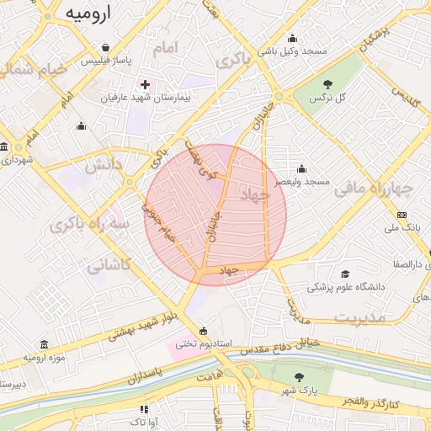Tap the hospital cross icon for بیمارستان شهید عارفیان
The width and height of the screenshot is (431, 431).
tap(145, 85)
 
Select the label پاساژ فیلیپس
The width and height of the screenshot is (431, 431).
tap(105, 61)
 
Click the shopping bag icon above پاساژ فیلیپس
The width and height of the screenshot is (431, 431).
tap(104, 48)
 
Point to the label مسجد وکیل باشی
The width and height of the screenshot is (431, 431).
tap(293, 51)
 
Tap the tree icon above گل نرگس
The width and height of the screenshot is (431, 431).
tap(327, 84)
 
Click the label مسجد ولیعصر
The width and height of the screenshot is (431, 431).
tap(306, 182)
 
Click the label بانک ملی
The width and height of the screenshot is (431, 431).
tap(402, 228)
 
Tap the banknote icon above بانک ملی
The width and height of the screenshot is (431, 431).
tap(402, 215)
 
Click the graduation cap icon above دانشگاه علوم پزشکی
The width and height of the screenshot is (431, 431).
tap(345, 274)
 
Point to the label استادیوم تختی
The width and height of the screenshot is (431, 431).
tap(199, 343)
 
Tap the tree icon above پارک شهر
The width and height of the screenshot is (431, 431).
tap(300, 378)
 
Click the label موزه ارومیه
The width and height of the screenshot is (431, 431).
tap(44, 358)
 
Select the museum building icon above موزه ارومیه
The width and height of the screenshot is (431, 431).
tap(44, 344)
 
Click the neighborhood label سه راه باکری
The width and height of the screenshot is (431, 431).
tap(90, 226)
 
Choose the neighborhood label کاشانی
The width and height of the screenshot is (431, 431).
tap(109, 265)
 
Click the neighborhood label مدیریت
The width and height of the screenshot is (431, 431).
tap(359, 318)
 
